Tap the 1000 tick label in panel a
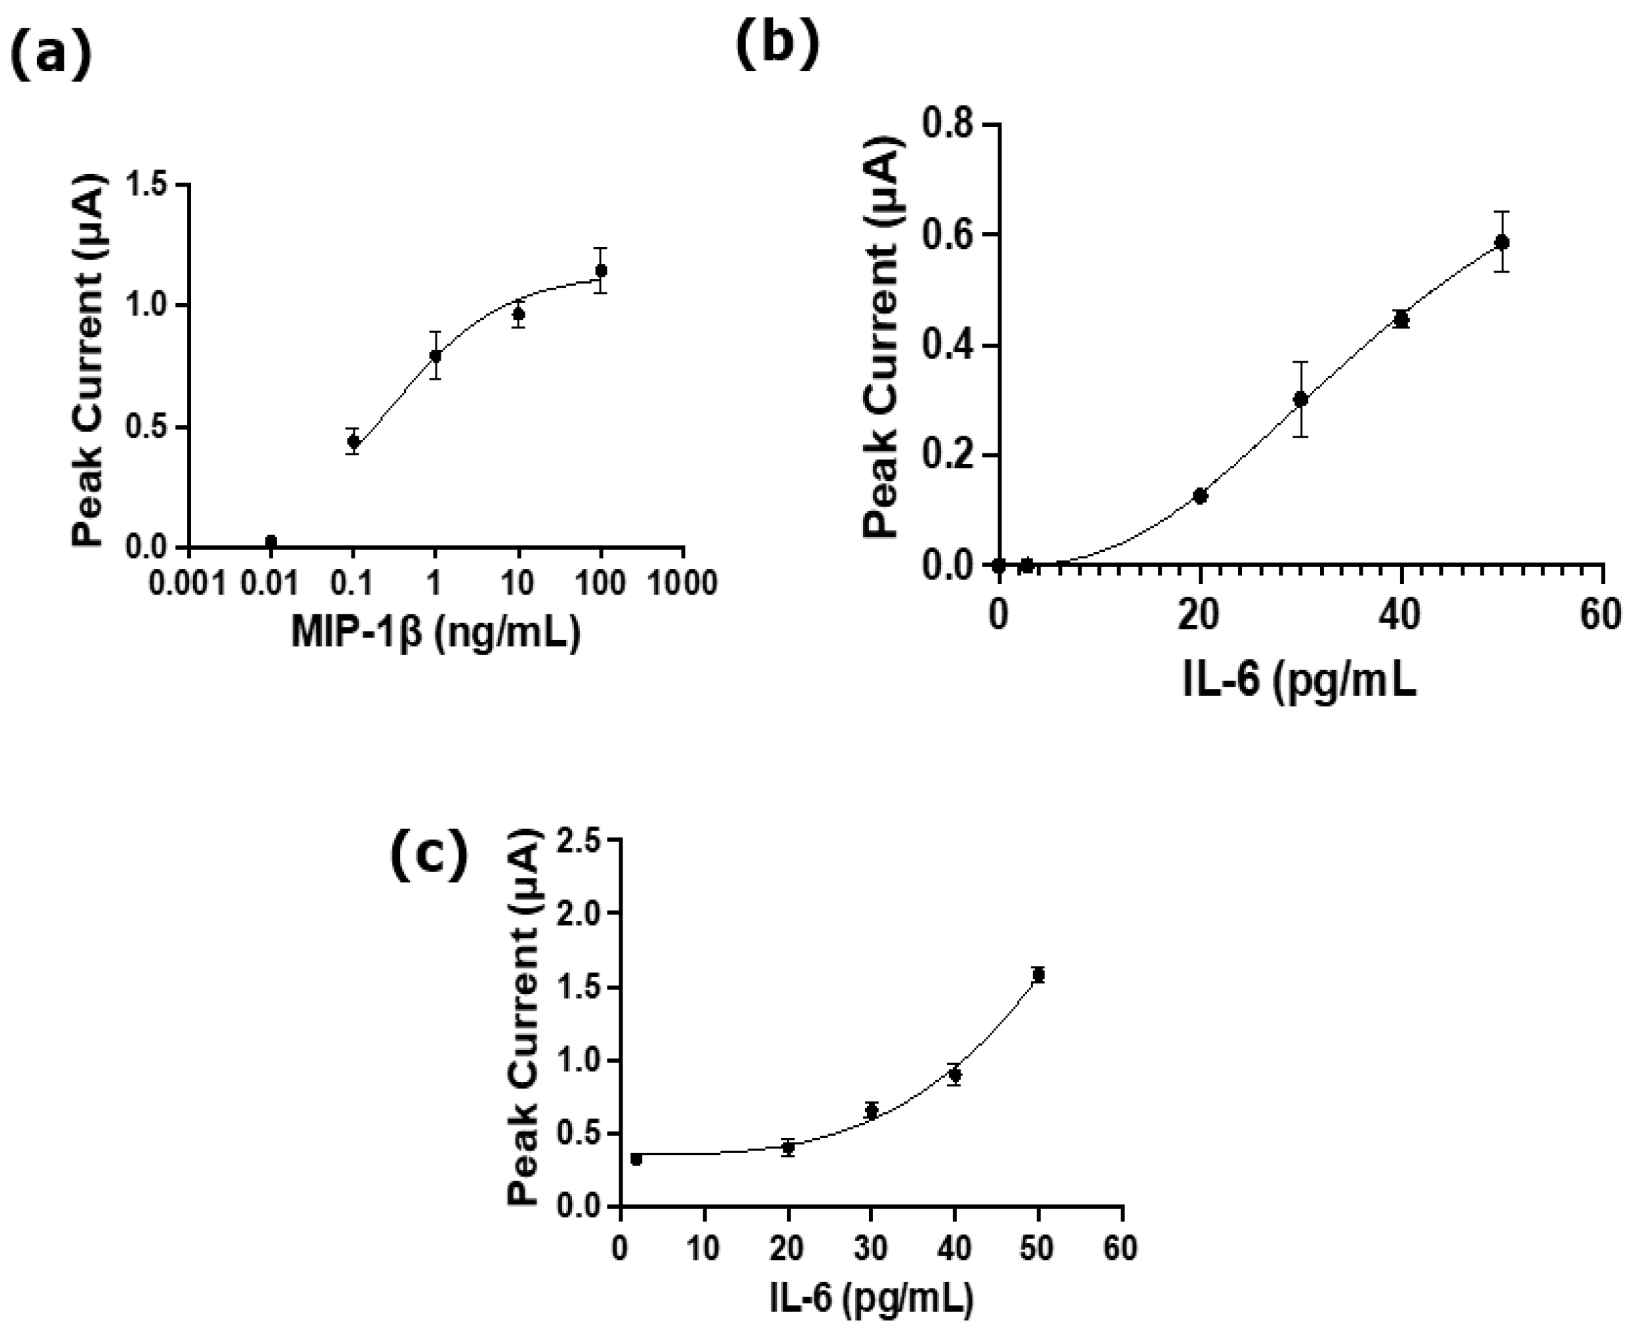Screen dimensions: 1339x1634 click(682, 583)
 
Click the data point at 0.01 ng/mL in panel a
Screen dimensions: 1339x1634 click(271, 541)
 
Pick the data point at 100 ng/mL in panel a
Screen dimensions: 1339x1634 click(601, 270)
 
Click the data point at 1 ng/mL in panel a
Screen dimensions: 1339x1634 click(435, 355)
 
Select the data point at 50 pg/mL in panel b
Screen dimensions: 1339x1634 click(1501, 242)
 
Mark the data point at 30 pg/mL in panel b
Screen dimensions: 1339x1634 click(1301, 399)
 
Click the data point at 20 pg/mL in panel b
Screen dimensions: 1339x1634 click(1200, 496)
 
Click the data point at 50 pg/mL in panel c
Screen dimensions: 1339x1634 click(1039, 975)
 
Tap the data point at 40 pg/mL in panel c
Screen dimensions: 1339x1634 click(955, 1074)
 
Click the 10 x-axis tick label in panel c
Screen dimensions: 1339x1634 click(703, 1248)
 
